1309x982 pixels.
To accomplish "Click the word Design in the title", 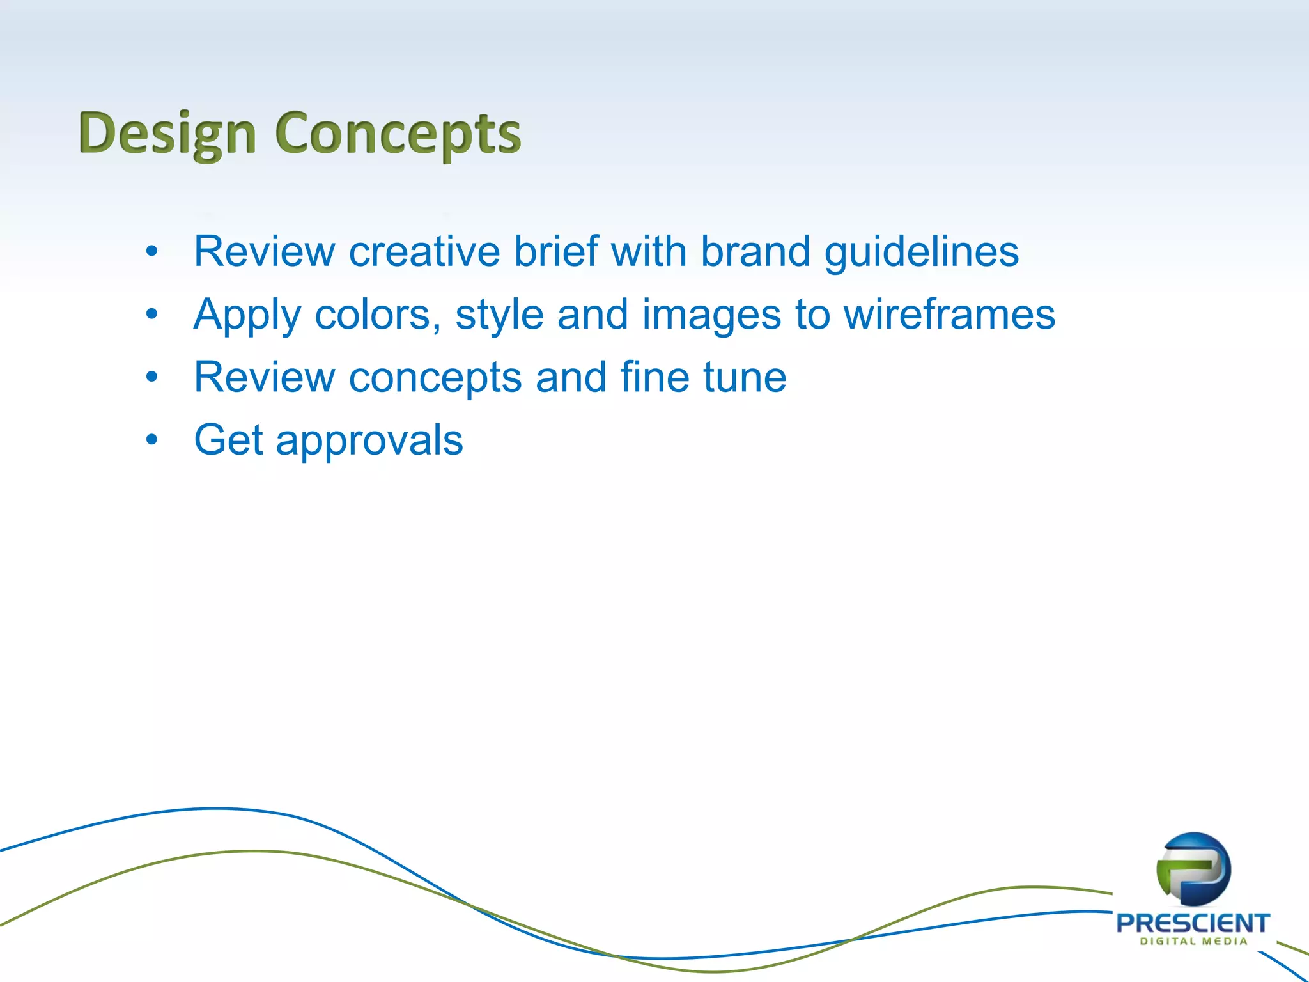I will click(167, 134).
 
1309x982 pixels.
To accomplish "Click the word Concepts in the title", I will click(398, 134).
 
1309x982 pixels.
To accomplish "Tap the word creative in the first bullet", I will click(424, 251).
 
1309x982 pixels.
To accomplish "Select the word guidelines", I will click(921, 253).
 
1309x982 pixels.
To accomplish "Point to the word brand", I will click(755, 251).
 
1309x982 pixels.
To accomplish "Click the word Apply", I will click(247, 316).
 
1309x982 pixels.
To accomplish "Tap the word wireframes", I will click(949, 315).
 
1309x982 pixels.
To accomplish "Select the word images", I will click(711, 316).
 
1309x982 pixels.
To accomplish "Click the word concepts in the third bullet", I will click(435, 378).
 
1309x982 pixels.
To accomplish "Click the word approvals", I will click(369, 441).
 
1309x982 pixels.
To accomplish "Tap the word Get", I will click(228, 440).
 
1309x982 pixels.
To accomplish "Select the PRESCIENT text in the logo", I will click(1193, 923).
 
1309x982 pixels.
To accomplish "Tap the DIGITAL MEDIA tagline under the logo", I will click(1193, 942).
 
